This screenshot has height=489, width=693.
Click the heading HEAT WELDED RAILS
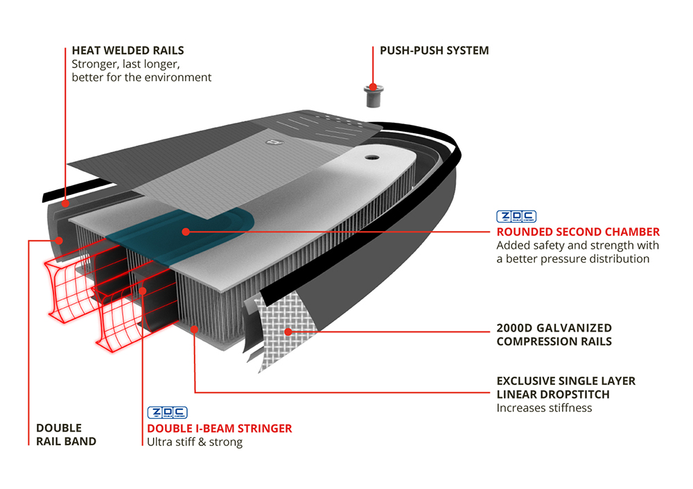pyautogui.click(x=128, y=51)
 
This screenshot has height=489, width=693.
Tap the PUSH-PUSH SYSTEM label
pyautogui.click(x=434, y=51)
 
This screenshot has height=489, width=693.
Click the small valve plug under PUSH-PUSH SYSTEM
pyautogui.click(x=373, y=95)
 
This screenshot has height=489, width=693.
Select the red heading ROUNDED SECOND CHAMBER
pyautogui.click(x=578, y=232)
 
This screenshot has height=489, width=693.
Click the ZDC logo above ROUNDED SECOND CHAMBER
pyautogui.click(x=516, y=216)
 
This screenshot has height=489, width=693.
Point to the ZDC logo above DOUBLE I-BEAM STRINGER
pyautogui.click(x=167, y=413)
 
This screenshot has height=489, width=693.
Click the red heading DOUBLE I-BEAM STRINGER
pyautogui.click(x=219, y=428)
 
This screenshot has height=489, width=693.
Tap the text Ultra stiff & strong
pyautogui.click(x=194, y=442)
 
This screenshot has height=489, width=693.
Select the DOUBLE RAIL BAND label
pyautogui.click(x=66, y=434)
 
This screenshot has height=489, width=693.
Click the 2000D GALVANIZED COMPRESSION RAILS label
pyautogui.click(x=554, y=334)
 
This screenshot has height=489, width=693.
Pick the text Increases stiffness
pyautogui.click(x=544, y=408)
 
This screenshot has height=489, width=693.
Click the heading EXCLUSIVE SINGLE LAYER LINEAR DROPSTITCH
pyautogui.click(x=565, y=388)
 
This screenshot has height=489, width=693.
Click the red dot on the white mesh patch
pyautogui.click(x=286, y=332)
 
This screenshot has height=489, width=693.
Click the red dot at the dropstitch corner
pyautogui.click(x=195, y=329)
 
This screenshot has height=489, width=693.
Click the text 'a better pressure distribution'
pyautogui.click(x=572, y=259)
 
